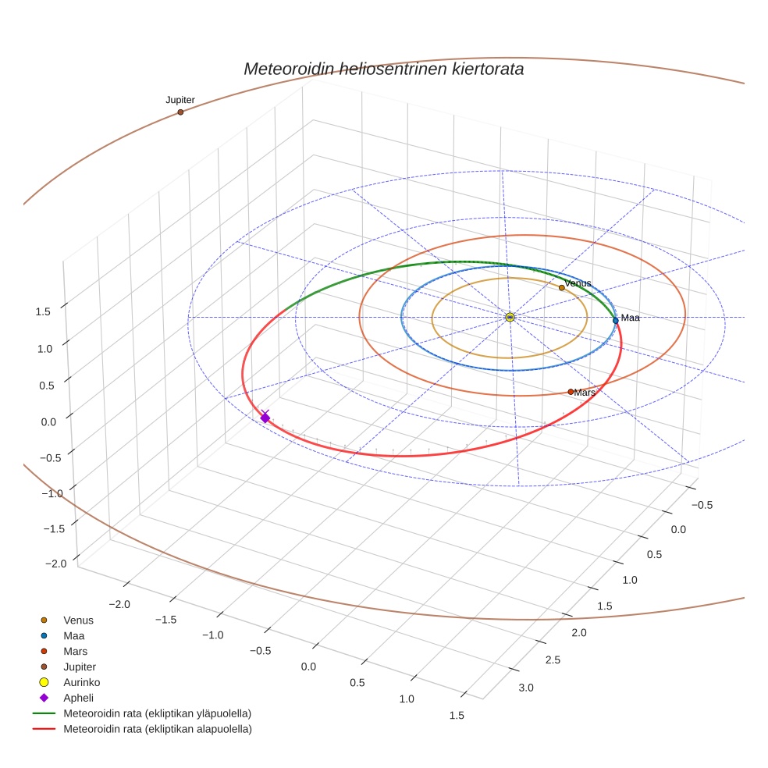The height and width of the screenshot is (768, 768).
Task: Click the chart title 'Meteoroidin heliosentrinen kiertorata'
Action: click(x=383, y=69)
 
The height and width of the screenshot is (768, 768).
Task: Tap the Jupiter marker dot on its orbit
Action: click(x=180, y=112)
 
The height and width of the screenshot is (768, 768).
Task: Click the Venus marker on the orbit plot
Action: click(x=561, y=288)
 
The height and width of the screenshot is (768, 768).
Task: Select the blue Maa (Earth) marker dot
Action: click(x=615, y=321)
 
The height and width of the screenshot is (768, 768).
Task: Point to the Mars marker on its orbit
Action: click(x=571, y=392)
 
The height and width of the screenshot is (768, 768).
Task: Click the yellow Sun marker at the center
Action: click(x=509, y=317)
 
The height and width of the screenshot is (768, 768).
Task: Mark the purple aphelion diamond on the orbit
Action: click(x=265, y=418)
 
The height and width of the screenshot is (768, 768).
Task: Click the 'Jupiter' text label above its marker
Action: click(x=180, y=100)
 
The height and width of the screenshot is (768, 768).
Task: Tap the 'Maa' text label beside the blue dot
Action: click(x=630, y=318)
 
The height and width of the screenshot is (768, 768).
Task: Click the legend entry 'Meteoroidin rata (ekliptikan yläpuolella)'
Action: click(x=157, y=713)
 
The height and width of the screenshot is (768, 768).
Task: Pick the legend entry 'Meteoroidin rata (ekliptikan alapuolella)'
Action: click(x=157, y=729)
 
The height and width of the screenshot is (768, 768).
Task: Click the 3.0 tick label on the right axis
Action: click(x=525, y=687)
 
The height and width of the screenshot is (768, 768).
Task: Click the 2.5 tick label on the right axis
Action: click(x=552, y=660)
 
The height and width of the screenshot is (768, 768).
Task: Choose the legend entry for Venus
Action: click(x=78, y=620)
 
